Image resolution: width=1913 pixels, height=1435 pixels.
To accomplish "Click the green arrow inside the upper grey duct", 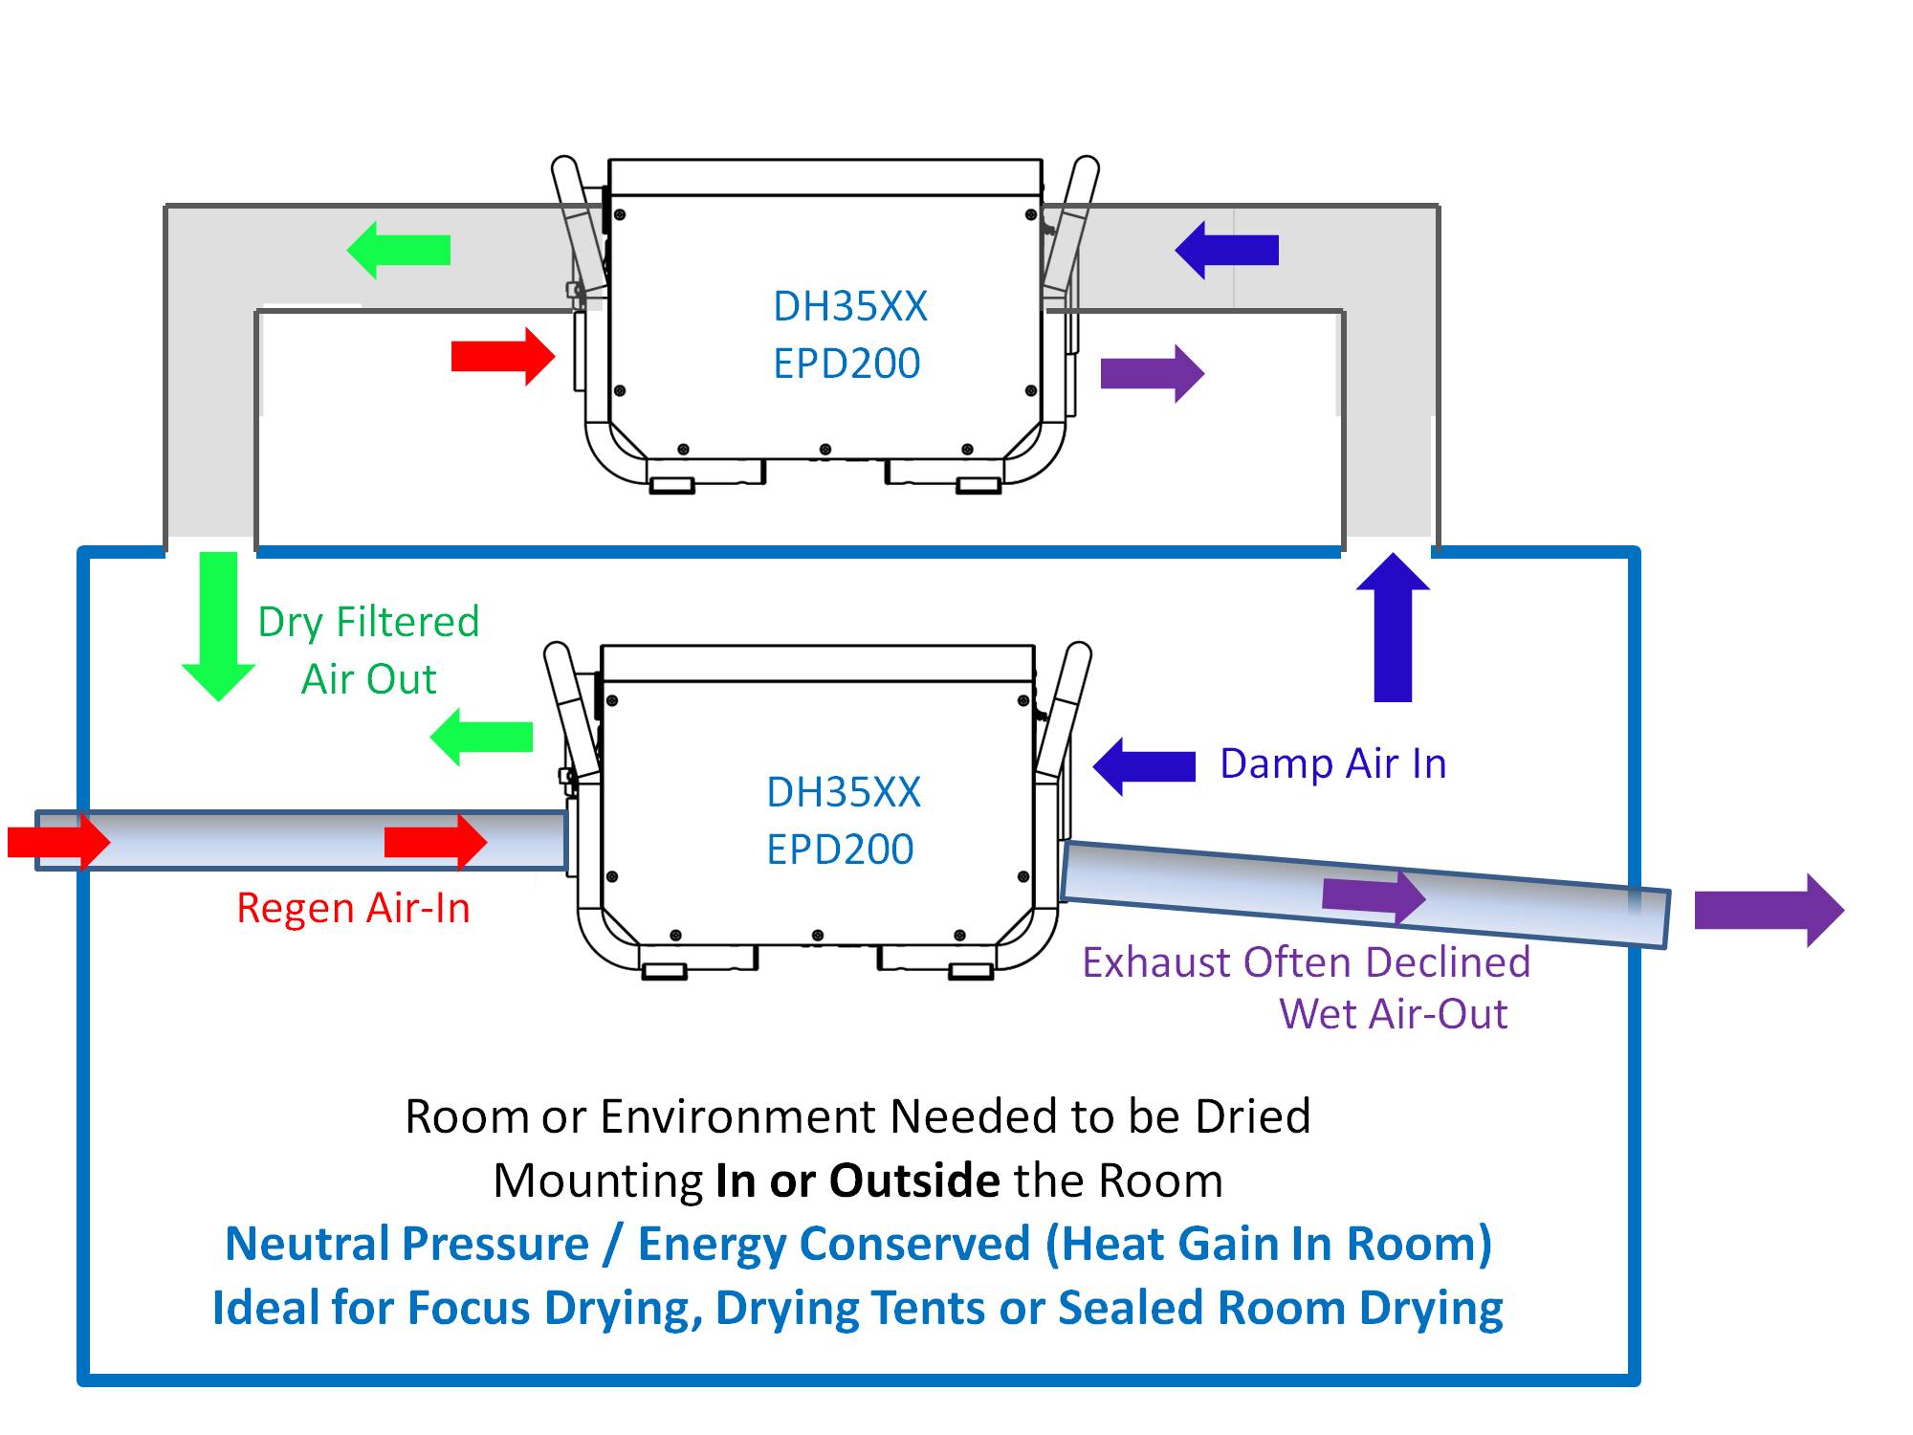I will coord(397,250).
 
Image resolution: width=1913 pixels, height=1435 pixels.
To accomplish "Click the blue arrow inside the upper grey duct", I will coord(1226,250).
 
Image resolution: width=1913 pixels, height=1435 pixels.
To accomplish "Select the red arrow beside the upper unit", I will coord(503,357).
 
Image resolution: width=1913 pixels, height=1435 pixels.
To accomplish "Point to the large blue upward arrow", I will coord(1393,628).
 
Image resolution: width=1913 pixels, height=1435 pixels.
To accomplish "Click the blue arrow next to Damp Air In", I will coord(1144,766).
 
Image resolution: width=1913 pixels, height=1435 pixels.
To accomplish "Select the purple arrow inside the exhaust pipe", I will coord(1374,896).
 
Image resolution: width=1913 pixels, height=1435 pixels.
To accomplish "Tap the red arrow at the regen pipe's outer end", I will coord(58,842).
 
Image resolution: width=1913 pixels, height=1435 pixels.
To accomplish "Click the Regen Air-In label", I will coord(353,908).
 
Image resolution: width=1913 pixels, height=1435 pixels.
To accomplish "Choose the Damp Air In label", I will coord(1332,763).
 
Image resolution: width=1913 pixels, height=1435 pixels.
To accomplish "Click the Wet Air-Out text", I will coord(1393,1014).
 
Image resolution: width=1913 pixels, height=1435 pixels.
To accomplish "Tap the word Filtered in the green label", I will coord(407,622).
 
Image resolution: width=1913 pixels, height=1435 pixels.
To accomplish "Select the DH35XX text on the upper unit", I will coord(849,306).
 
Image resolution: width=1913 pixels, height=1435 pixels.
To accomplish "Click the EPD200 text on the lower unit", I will coord(840,849).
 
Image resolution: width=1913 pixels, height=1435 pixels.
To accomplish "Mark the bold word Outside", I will coord(914,1181).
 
